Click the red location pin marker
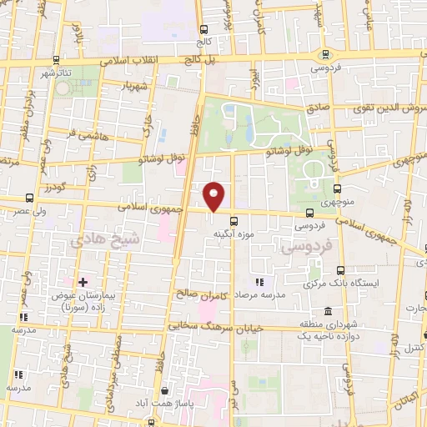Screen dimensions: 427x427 [214, 196]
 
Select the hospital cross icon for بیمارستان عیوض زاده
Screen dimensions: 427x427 [83, 282]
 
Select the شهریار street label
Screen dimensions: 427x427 [136, 85]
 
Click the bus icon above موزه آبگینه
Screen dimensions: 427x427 [234, 221]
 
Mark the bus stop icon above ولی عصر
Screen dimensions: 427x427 [30, 198]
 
